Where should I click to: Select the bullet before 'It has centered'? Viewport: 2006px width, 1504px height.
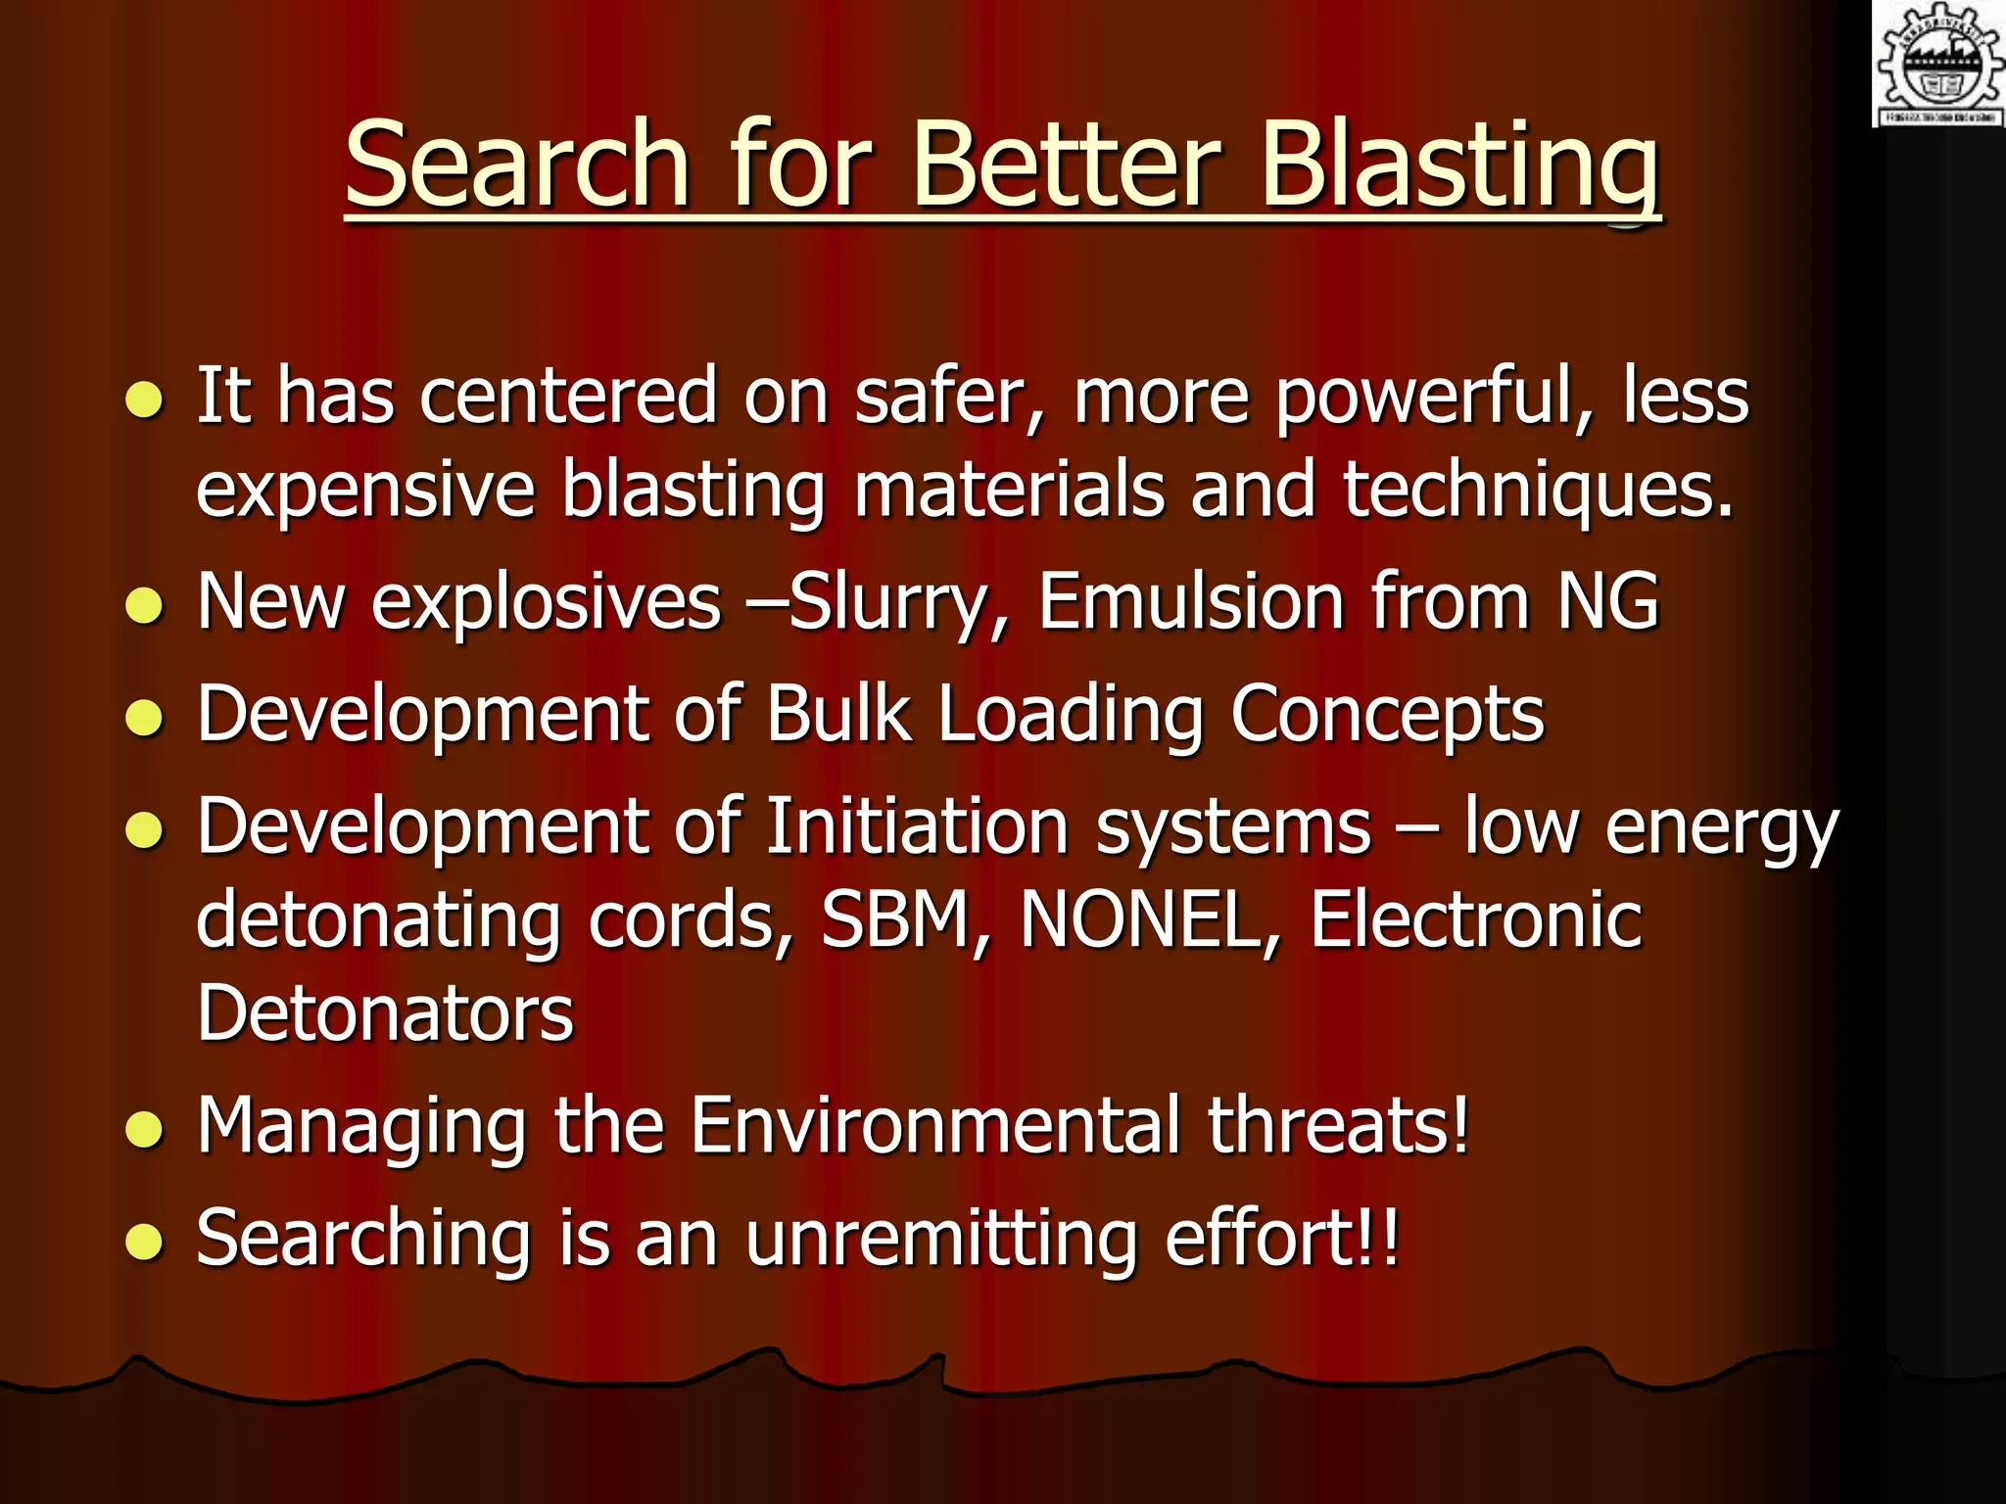144,399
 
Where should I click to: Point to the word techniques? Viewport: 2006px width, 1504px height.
1538,490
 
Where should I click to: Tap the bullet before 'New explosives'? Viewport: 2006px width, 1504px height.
144,605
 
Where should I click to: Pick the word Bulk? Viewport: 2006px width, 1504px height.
838,713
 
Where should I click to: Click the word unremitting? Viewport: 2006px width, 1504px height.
940,1239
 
